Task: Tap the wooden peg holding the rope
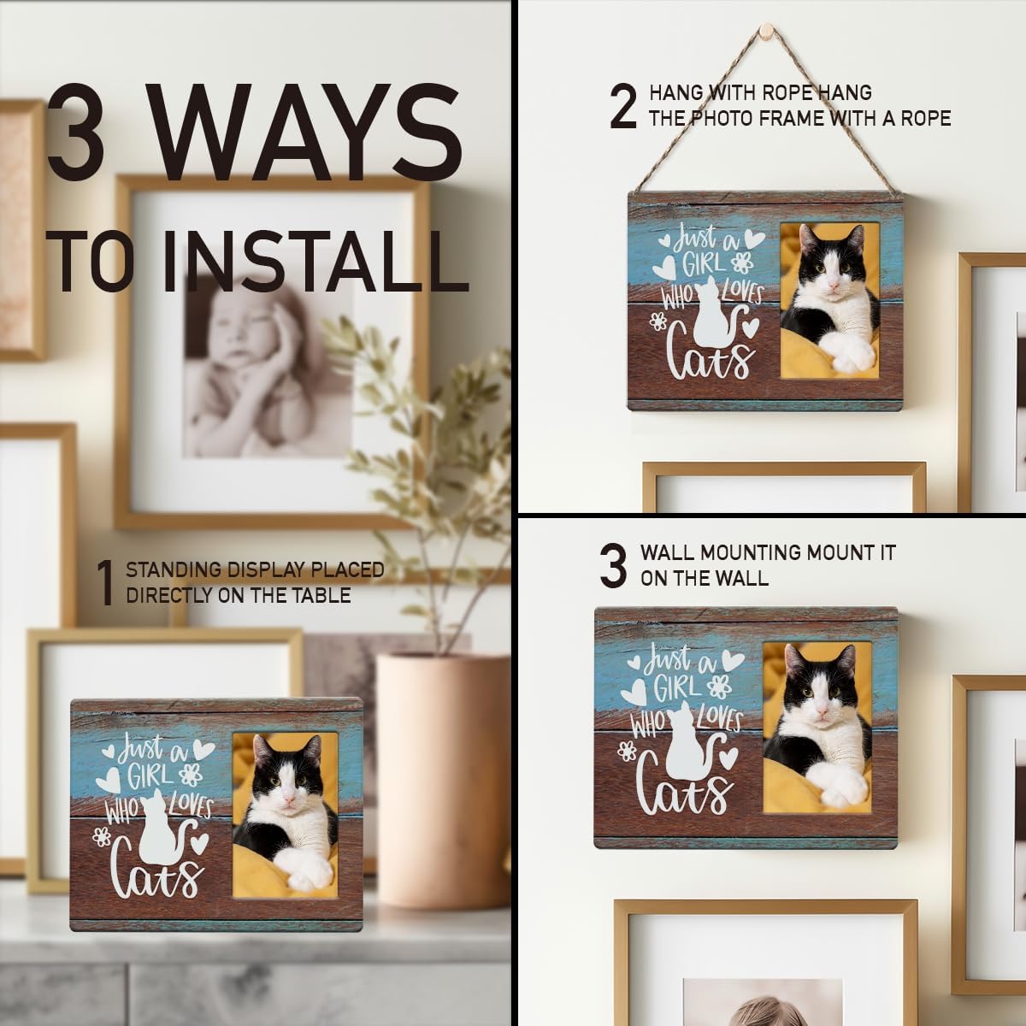coord(765,27)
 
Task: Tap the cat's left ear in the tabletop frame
coord(262,749)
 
